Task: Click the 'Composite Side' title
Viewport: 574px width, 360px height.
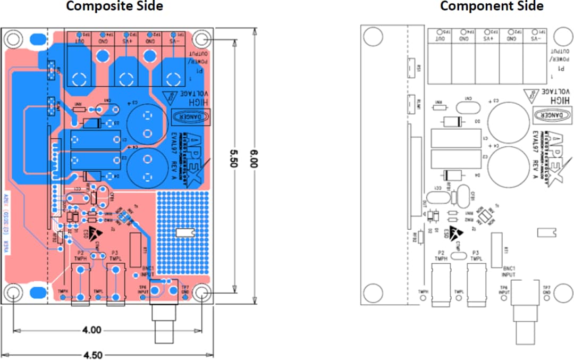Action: tap(114, 6)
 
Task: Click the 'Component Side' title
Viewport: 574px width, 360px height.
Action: tap(492, 6)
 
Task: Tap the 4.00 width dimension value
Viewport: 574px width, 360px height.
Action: tap(91, 330)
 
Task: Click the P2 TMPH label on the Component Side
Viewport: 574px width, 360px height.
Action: tap(440, 256)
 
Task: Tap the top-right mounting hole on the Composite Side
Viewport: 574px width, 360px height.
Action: tap(201, 39)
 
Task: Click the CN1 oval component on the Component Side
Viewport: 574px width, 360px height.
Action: tap(468, 107)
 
